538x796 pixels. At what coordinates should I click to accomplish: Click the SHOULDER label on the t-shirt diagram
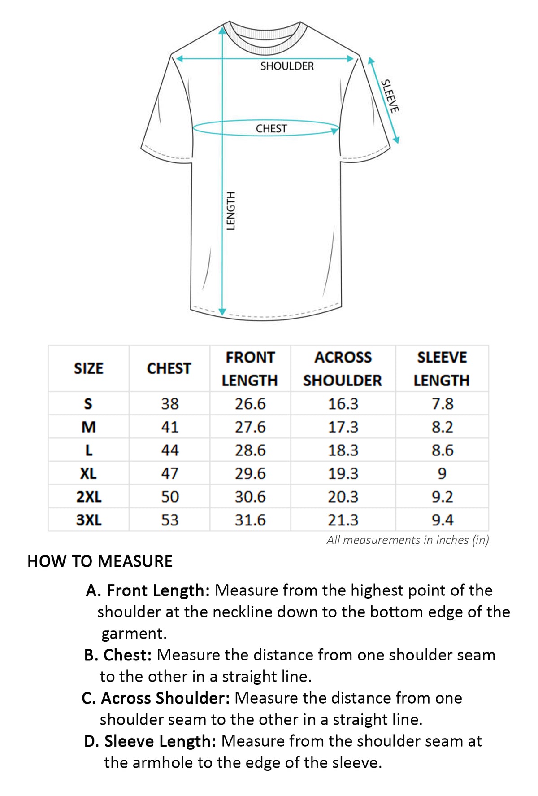tap(287, 66)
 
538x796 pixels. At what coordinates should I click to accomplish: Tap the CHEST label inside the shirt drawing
tap(271, 129)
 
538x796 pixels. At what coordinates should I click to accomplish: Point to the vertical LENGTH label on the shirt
tap(230, 211)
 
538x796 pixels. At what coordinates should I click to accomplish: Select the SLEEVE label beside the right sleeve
tap(390, 96)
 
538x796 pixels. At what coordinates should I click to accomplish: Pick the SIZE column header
tap(88, 368)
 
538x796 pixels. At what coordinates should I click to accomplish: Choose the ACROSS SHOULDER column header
tap(343, 369)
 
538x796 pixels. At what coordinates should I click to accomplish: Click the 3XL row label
tap(89, 520)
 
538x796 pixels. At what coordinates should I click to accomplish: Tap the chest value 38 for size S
tap(170, 404)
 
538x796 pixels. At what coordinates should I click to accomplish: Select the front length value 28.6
tap(250, 450)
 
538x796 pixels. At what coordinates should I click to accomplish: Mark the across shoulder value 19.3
tap(343, 473)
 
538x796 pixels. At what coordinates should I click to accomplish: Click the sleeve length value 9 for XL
tap(442, 473)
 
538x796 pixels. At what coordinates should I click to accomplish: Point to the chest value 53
tap(170, 520)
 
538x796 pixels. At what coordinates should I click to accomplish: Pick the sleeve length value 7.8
tap(443, 404)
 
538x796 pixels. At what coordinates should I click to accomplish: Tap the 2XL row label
tap(89, 497)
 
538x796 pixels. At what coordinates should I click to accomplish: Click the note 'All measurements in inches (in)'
tap(408, 540)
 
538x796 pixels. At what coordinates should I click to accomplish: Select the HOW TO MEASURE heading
tap(100, 561)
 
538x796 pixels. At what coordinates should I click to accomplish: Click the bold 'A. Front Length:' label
tap(148, 590)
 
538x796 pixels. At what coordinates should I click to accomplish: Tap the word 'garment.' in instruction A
tap(134, 634)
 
